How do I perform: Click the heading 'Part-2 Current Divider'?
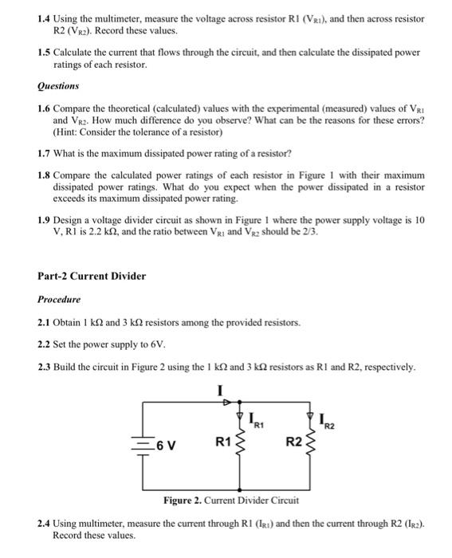point(92,276)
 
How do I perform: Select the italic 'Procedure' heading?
point(60,299)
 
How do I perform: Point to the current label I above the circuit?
point(220,390)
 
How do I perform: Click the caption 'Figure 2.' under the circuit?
point(183,500)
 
